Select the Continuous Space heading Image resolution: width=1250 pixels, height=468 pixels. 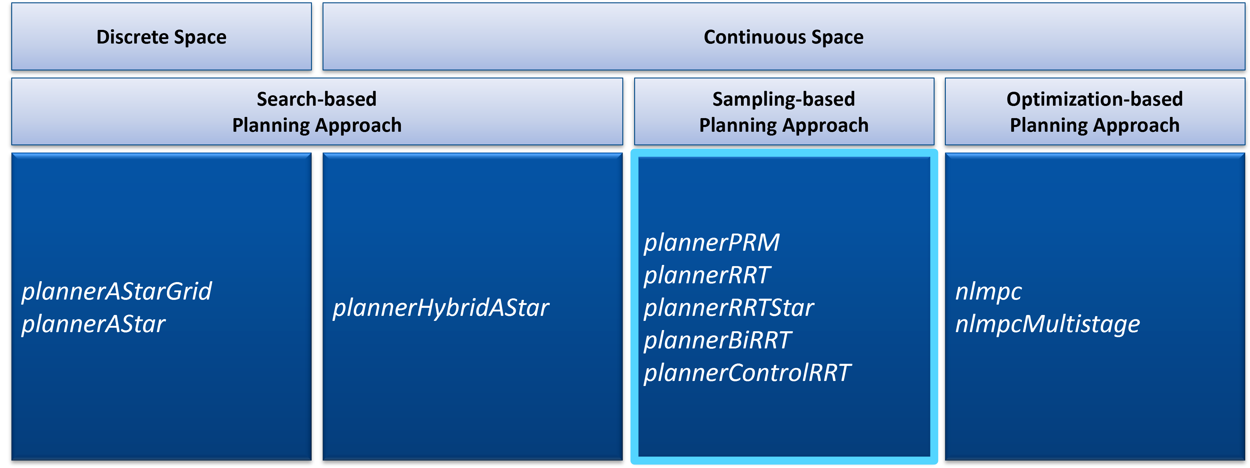tap(783, 37)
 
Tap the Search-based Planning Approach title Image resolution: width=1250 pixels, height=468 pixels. tap(317, 112)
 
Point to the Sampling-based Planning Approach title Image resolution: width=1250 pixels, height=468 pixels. tap(784, 112)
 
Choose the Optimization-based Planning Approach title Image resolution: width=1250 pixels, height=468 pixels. tap(1094, 112)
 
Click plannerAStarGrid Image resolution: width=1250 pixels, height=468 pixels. tap(117, 291)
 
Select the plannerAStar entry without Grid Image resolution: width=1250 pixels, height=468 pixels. tap(94, 324)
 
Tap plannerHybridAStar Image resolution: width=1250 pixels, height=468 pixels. tap(441, 308)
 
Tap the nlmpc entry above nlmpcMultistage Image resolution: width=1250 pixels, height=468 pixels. tap(988, 291)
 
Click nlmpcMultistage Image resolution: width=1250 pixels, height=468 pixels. tap(1047, 324)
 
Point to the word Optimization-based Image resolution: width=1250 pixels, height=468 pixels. tap(1094, 99)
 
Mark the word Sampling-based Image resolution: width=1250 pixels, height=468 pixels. tap(783, 99)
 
